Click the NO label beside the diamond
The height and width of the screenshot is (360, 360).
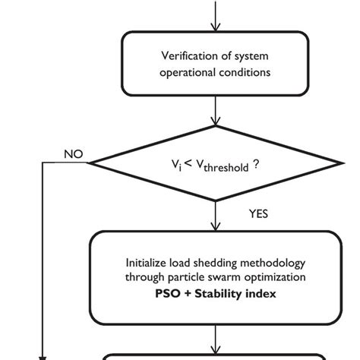73,154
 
